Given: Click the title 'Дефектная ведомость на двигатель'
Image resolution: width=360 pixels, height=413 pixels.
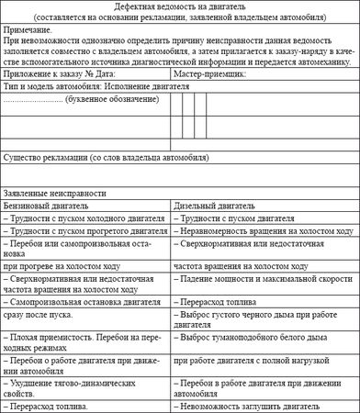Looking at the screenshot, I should [x=180, y=7].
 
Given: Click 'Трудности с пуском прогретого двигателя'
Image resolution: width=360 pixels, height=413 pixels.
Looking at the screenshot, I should [x=84, y=233].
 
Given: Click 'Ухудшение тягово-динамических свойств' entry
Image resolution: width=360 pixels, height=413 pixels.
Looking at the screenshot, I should [x=82, y=384].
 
